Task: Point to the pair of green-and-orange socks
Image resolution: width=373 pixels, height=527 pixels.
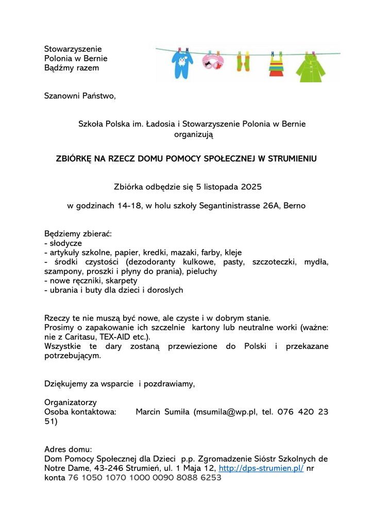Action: pyautogui.click(x=243, y=63)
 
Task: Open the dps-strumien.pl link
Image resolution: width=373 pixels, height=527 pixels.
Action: pyautogui.click(x=261, y=468)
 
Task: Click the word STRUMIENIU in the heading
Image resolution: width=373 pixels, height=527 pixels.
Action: pyautogui.click(x=293, y=159)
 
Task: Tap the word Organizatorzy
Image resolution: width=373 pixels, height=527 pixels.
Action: pyautogui.click(x=71, y=402)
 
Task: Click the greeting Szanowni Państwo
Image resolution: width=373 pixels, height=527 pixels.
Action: pyautogui.click(x=80, y=96)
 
